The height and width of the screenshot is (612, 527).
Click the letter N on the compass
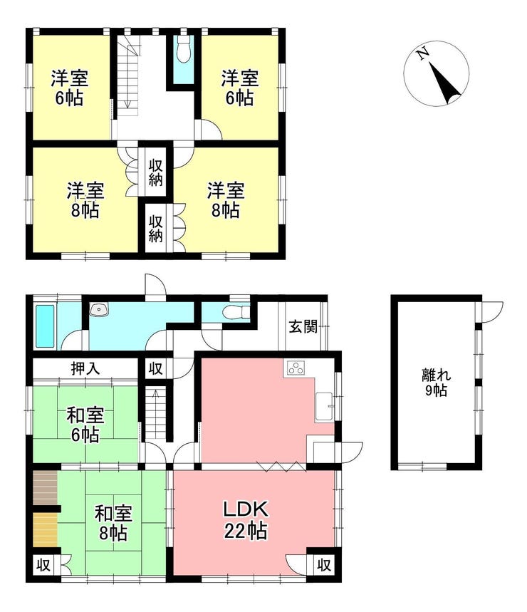pyautogui.click(x=422, y=53)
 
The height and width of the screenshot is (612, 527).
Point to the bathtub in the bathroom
pyautogui.click(x=46, y=326)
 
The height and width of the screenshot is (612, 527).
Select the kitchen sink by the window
pyautogui.click(x=325, y=406)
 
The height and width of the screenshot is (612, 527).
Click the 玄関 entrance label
pyautogui.click(x=303, y=326)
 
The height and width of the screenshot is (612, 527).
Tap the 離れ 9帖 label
pyautogui.click(x=436, y=383)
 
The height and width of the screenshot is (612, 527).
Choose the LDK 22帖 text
pyautogui.click(x=246, y=520)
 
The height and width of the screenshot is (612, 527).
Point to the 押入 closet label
pyautogui.click(x=85, y=368)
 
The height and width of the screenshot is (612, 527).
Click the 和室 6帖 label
pyautogui.click(x=85, y=425)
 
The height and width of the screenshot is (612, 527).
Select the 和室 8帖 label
pyautogui.click(x=113, y=522)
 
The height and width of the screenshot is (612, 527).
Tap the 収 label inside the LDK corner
pyautogui.click(x=324, y=564)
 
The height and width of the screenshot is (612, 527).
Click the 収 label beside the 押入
pyautogui.click(x=155, y=368)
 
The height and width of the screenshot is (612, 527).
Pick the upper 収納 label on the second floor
pyautogui.click(x=155, y=173)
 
